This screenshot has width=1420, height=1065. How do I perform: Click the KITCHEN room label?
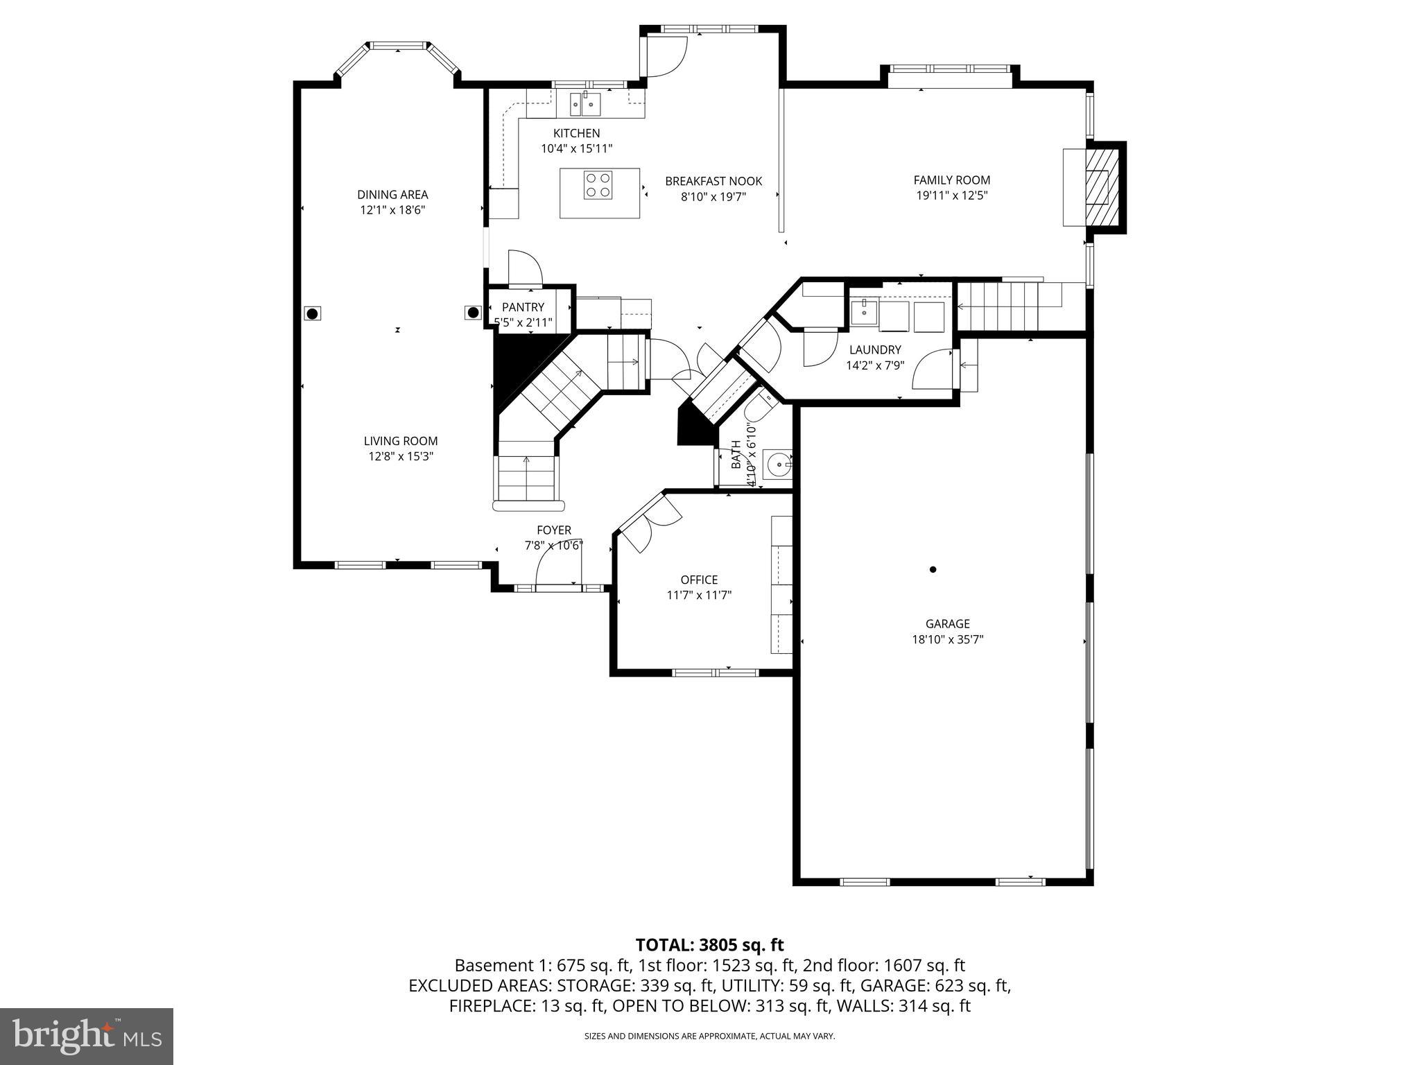(576, 133)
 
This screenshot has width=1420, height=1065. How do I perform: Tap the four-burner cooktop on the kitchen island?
(597, 184)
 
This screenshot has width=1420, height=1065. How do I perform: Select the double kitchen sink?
(586, 105)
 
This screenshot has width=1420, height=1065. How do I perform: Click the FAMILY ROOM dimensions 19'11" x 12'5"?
(951, 196)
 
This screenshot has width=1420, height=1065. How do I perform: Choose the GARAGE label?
(947, 624)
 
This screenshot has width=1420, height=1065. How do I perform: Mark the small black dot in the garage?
(933, 569)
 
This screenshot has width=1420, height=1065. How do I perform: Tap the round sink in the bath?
(779, 464)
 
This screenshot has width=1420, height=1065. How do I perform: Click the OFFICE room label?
(699, 580)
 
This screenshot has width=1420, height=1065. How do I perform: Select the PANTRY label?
(523, 307)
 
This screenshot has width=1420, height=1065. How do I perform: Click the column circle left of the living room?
(312, 314)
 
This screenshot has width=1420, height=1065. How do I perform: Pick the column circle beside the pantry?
(474, 313)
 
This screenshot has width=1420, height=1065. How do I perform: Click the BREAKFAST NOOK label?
(713, 181)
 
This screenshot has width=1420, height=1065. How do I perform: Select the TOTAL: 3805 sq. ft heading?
(709, 944)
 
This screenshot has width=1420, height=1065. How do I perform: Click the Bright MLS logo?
(86, 1036)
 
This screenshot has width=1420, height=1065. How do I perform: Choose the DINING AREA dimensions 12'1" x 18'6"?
(392, 210)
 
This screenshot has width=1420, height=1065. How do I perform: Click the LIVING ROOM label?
(401, 441)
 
